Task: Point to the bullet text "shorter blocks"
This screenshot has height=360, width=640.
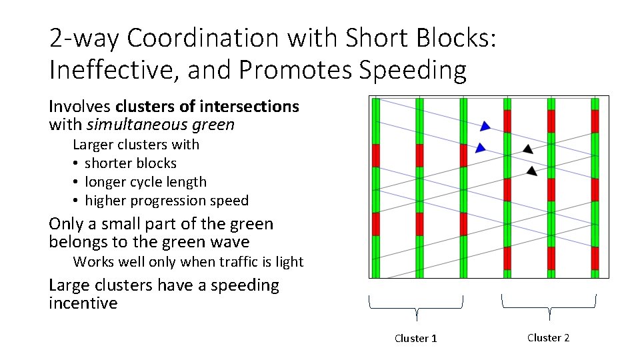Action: [131, 163]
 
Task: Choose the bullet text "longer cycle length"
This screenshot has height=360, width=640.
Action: [145, 182]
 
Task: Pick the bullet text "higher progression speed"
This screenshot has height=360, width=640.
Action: [167, 201]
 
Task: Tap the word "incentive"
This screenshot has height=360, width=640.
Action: [83, 303]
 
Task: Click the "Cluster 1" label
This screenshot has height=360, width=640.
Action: [416, 339]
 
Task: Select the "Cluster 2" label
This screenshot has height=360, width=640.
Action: [548, 338]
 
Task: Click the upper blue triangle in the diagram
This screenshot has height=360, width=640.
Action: [485, 126]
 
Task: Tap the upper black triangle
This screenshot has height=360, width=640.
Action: [528, 149]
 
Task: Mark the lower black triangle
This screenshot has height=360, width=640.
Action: [531, 171]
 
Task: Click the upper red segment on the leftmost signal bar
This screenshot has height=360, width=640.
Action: [375, 155]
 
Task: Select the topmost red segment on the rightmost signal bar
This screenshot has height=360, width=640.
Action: [595, 121]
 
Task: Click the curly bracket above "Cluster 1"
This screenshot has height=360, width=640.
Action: [416, 305]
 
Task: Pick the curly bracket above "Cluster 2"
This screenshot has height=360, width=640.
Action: [549, 305]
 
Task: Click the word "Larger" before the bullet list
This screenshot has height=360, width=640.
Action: [93, 145]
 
